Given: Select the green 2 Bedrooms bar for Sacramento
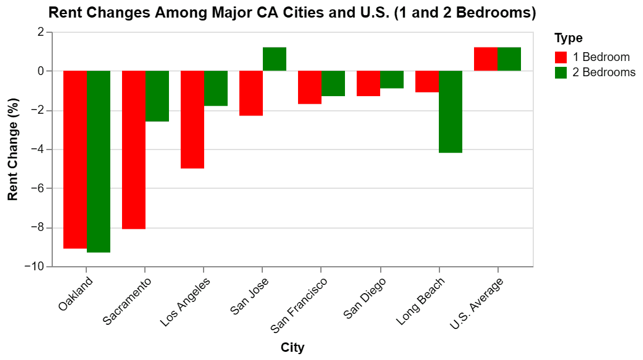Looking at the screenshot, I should click(157, 96).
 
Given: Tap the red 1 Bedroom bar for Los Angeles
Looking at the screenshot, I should click(192, 120).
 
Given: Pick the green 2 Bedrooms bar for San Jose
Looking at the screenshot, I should click(275, 59).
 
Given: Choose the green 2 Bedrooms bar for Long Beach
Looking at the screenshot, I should click(451, 112).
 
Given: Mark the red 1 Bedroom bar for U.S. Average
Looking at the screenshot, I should click(486, 59).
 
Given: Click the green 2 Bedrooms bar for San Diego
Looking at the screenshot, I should click(392, 80).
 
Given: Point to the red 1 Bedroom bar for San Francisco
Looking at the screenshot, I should click(310, 87).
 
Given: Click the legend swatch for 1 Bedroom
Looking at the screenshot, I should click(561, 57).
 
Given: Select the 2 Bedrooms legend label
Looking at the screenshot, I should click(604, 72).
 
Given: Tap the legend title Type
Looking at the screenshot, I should click(568, 38).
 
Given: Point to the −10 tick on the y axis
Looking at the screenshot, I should click(35, 267).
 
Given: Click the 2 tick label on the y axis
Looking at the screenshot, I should click(40, 32).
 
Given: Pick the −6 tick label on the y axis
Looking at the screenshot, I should click(38, 188).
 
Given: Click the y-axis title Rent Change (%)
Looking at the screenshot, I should click(13, 150).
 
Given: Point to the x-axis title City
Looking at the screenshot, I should click(293, 348).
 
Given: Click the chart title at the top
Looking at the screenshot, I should click(292, 12).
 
